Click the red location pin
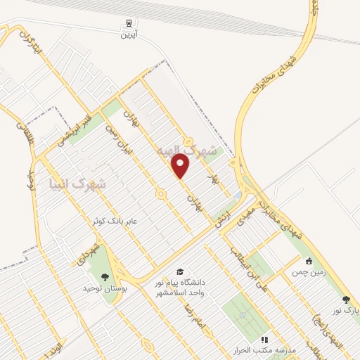point(181,166)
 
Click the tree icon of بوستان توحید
point(105,276)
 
